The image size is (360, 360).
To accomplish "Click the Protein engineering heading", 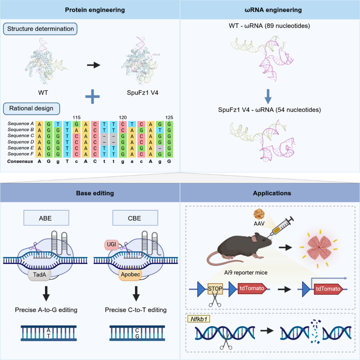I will pyautogui.click(x=89, y=9).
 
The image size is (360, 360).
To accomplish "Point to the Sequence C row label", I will pyautogui.click(x=20, y=135).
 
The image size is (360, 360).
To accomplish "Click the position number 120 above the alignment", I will pyautogui.click(x=122, y=117).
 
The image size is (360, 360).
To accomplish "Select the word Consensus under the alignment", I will pyautogui.click(x=20, y=162).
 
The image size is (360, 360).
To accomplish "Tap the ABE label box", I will pyautogui.click(x=45, y=218).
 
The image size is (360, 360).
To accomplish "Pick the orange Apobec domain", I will pyautogui.click(x=129, y=277).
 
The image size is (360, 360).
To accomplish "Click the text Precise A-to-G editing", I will pyautogui.click(x=46, y=310).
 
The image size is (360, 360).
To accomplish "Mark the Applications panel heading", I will pyautogui.click(x=269, y=193).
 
